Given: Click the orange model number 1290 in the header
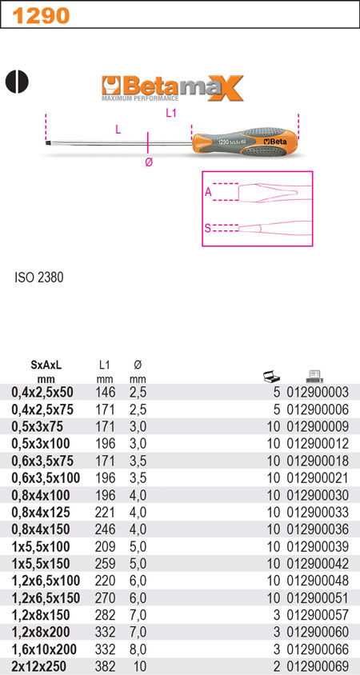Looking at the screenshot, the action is tap(41, 16).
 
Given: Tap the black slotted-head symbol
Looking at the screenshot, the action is tap(16, 82).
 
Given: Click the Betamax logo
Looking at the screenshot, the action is tap(172, 88).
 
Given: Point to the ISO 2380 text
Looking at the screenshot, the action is tap(38, 278).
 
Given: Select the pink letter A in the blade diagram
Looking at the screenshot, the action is tap(208, 193).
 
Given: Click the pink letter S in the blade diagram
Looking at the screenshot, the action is tap(207, 228).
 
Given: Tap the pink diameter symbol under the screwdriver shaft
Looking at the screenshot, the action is tap(149, 162).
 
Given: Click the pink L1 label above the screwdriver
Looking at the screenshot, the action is tap(172, 114).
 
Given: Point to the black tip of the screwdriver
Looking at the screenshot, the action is tap(47, 142).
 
